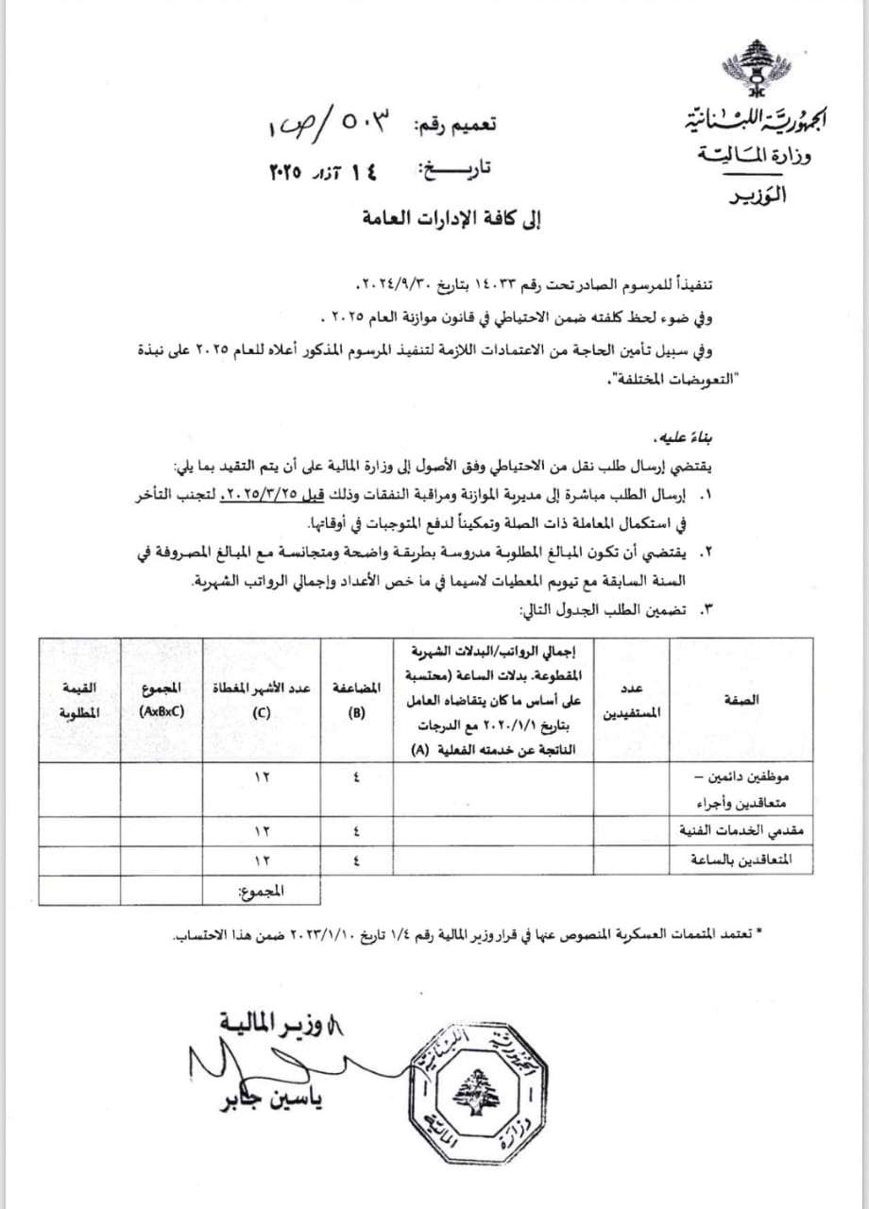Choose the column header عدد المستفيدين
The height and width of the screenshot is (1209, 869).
pyautogui.click(x=635, y=700)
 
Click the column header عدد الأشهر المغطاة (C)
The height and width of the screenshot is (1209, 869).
pyautogui.click(x=262, y=700)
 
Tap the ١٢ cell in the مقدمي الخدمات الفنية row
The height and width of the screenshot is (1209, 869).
pyautogui.click(x=262, y=830)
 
